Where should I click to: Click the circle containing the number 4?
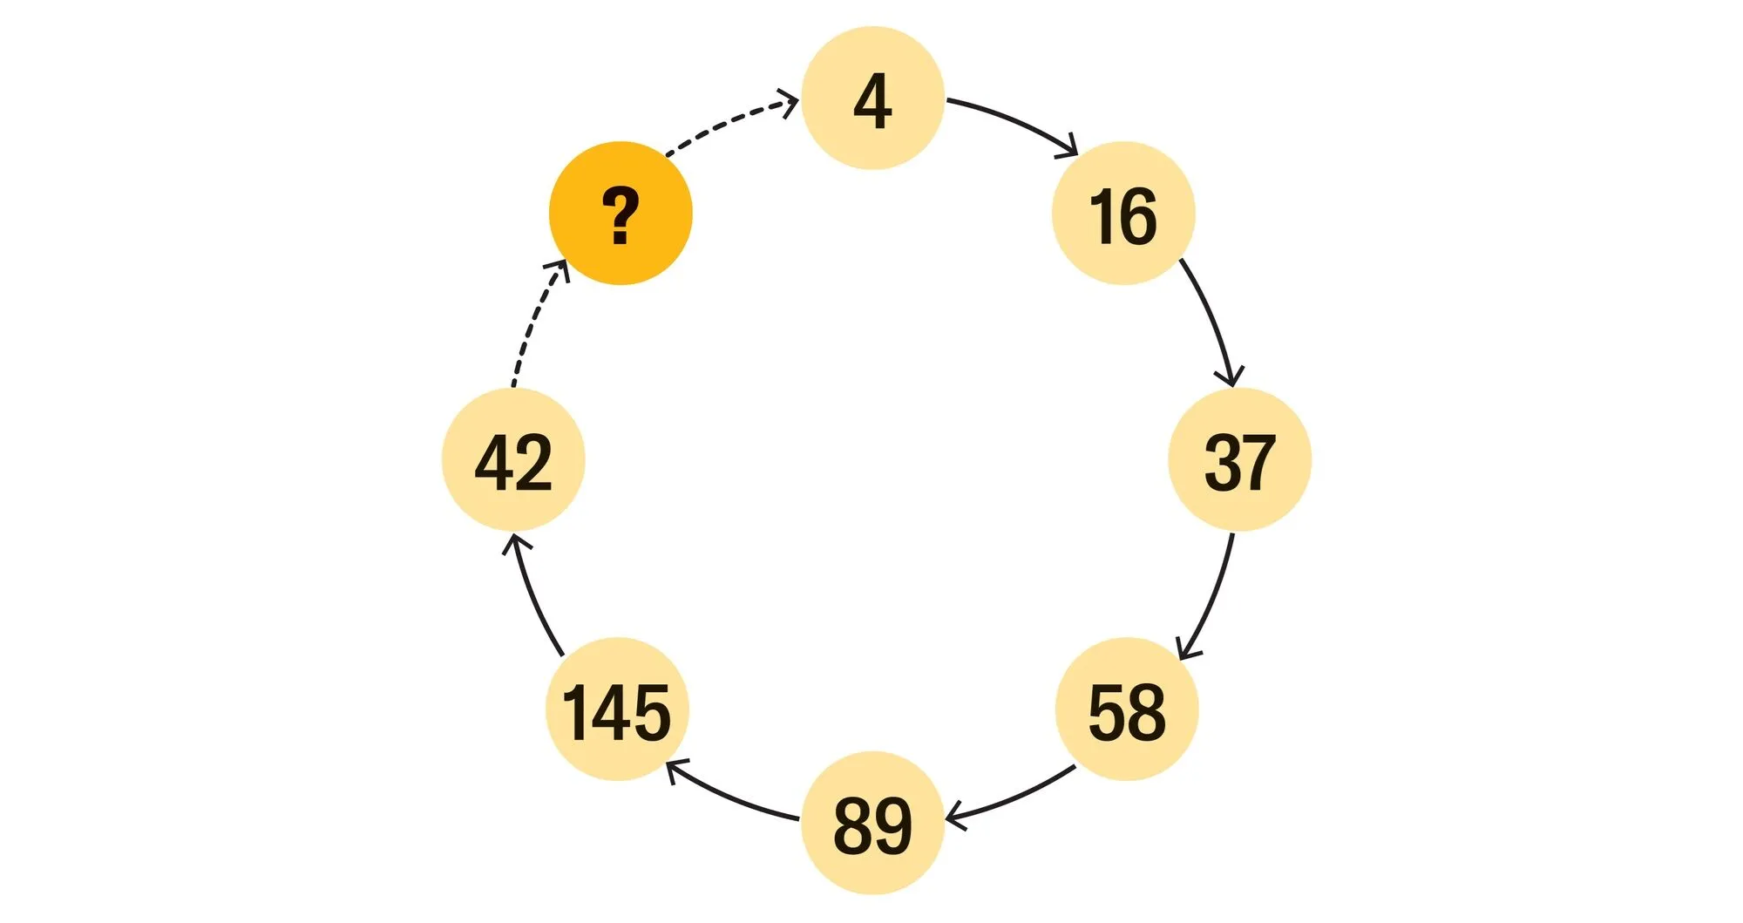click(x=872, y=98)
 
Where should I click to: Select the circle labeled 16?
click(x=1123, y=214)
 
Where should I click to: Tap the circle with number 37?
click(x=1239, y=460)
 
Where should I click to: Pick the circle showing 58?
click(x=1127, y=709)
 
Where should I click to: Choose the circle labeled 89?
click(x=872, y=823)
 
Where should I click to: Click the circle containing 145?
click(x=617, y=709)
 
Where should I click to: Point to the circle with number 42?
click(x=513, y=460)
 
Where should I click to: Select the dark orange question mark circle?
click(x=621, y=214)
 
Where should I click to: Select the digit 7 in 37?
click(x=1258, y=462)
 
